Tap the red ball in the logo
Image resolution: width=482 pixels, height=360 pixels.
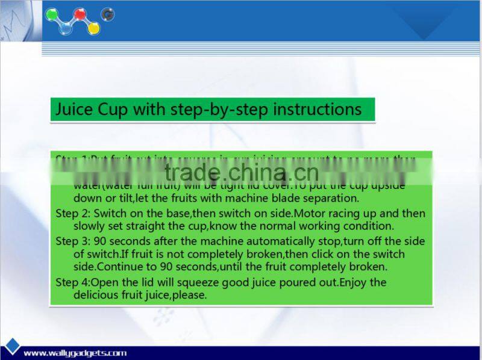(79, 13)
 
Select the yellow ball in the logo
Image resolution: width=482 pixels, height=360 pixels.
(93, 28)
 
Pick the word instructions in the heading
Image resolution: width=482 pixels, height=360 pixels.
(318, 110)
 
